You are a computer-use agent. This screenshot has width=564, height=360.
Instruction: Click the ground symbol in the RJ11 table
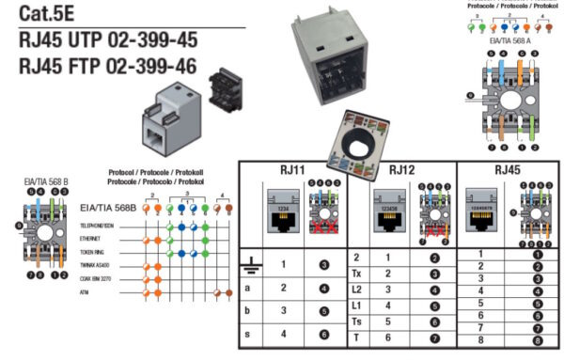(x=249, y=265)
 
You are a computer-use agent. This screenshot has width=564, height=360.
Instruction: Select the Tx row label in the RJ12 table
(x=357, y=274)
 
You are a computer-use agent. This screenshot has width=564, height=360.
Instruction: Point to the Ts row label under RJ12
(x=357, y=321)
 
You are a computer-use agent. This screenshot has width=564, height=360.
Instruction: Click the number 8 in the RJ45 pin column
(x=480, y=340)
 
